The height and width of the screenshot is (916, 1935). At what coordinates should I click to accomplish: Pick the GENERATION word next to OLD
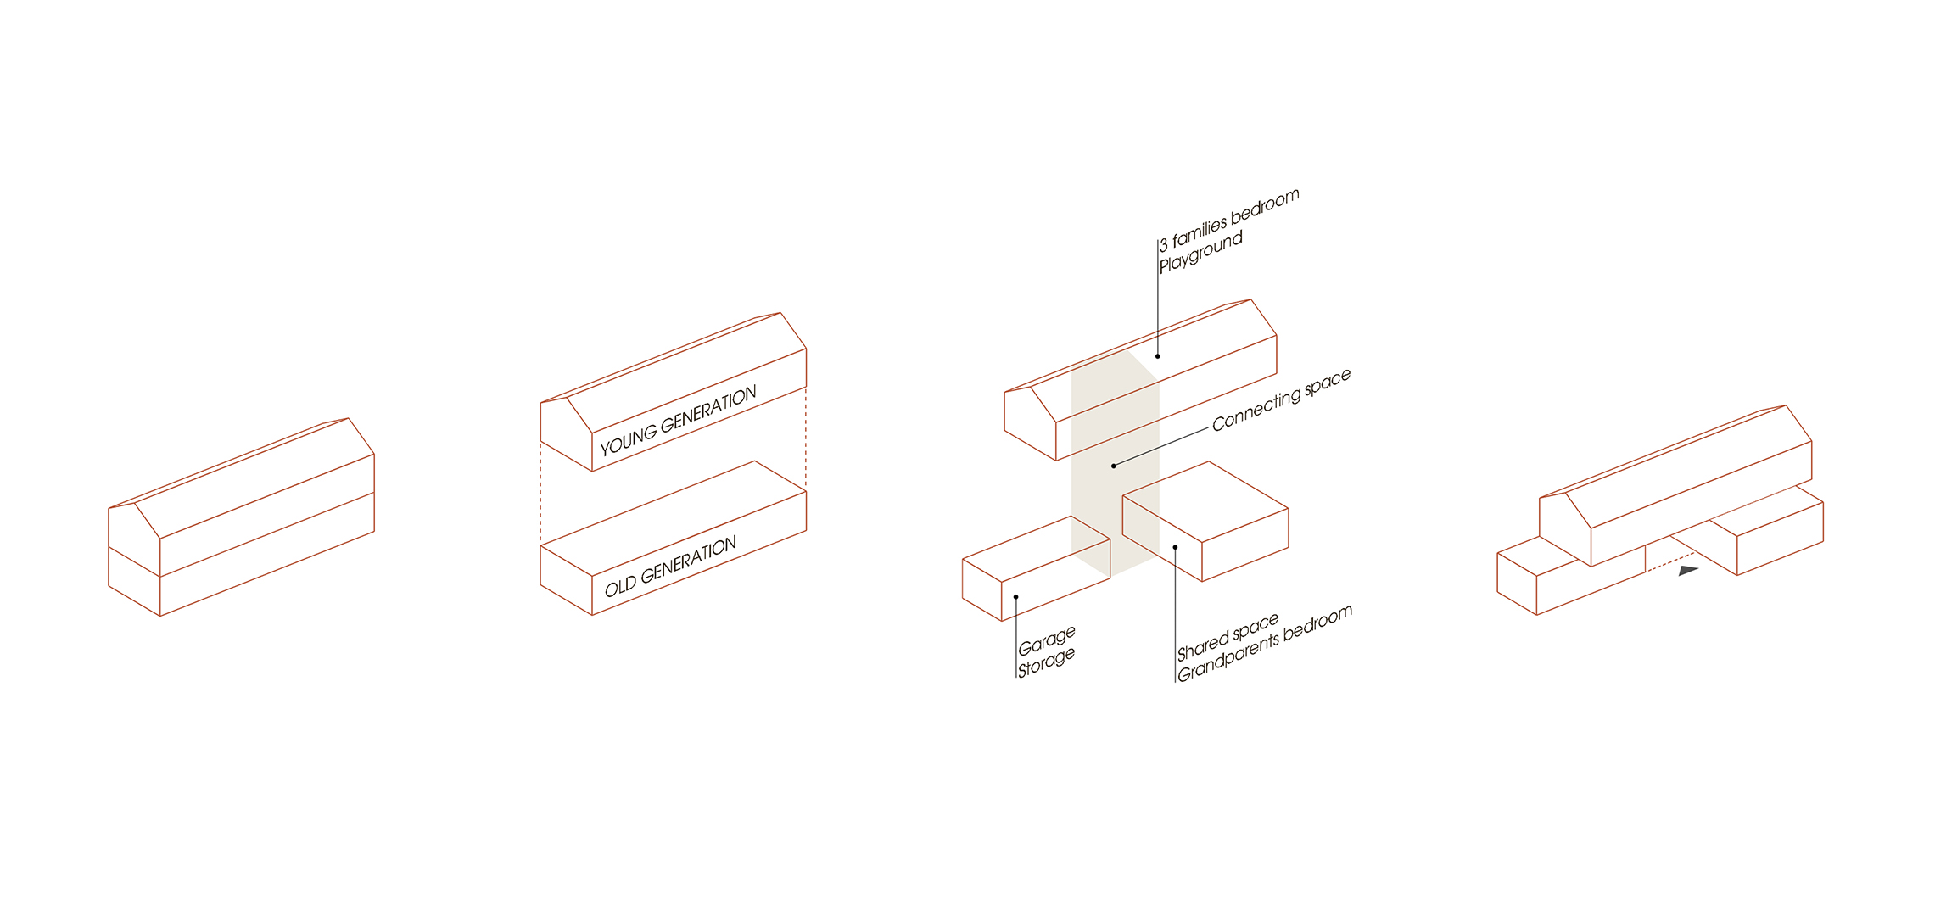click(688, 561)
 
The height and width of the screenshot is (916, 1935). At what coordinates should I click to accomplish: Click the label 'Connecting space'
click(1281, 400)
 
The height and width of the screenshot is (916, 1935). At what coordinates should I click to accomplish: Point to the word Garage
click(1047, 640)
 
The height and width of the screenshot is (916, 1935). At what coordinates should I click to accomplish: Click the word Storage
click(1046, 662)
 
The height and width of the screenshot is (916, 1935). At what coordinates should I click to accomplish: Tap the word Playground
click(1201, 251)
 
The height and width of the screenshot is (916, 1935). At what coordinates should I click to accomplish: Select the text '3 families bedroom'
click(1229, 220)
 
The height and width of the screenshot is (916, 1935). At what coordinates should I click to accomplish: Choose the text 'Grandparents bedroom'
click(1265, 643)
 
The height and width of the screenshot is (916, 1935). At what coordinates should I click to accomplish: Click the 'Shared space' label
click(1228, 637)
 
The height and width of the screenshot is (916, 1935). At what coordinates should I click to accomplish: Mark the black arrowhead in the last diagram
click(1688, 571)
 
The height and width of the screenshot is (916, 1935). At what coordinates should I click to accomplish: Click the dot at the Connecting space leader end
click(1114, 466)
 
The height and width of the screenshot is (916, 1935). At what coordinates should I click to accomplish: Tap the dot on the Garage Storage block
click(1015, 597)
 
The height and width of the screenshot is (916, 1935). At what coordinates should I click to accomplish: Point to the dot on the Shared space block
click(1175, 547)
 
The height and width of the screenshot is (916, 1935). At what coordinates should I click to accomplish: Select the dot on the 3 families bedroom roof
click(1157, 356)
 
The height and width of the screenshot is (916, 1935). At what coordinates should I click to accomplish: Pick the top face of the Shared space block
click(1205, 505)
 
